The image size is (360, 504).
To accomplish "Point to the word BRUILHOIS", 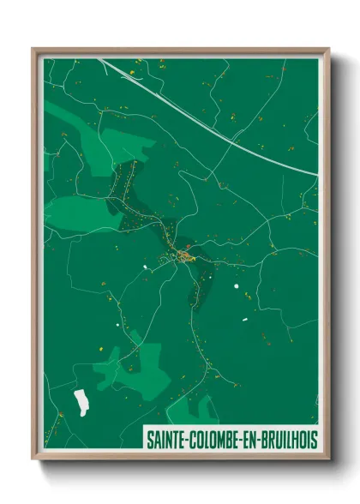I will pos(291,438).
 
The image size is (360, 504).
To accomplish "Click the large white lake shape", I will pos(82,400).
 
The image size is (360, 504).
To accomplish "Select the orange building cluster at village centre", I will pos(186,255).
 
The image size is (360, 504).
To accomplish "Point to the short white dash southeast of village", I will pos(244,320).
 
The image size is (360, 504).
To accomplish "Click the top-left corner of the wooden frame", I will pos(33,50).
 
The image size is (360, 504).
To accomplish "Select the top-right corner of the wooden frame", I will pos(328,50).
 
